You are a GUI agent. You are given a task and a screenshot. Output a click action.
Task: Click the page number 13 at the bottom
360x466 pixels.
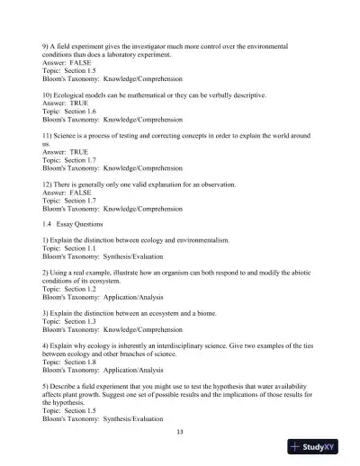[x=180, y=433]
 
